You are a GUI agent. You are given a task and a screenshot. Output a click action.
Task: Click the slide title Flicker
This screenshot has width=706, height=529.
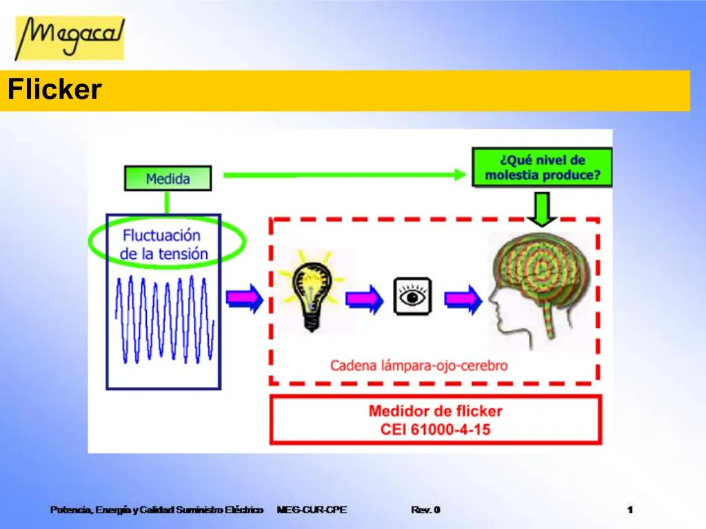coord(54,90)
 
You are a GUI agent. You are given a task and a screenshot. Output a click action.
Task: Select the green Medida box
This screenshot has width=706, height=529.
coord(168,179)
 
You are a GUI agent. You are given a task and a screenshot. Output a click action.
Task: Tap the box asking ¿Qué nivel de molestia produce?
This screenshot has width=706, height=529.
coord(542,167)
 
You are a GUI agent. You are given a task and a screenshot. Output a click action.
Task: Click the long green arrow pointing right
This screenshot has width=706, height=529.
coord(345,175)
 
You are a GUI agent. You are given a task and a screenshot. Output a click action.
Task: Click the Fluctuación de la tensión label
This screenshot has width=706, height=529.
coord(164,244)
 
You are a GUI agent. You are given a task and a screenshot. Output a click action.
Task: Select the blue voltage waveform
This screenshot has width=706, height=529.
coord(164,318)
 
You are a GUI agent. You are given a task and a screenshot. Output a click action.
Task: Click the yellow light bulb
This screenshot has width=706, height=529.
coord(311,292)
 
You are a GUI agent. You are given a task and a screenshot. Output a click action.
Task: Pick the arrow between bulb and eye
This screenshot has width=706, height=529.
coord(364,299)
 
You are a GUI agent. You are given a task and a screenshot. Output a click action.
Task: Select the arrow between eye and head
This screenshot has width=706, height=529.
coord(462,299)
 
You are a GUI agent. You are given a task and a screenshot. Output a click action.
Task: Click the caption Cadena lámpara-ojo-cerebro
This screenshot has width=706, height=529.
coord(418,366)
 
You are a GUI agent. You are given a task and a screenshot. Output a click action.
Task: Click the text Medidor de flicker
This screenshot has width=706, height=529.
coord(435,411)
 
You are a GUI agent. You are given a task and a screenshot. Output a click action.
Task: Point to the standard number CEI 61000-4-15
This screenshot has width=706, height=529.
coord(435,429)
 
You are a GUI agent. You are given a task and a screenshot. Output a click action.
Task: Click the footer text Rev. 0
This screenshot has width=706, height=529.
coord(425,510)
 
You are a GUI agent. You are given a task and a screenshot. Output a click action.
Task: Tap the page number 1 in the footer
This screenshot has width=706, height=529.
coord(630,510)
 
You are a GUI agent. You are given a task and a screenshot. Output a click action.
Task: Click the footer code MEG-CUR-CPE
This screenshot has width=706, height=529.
coord(312,510)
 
